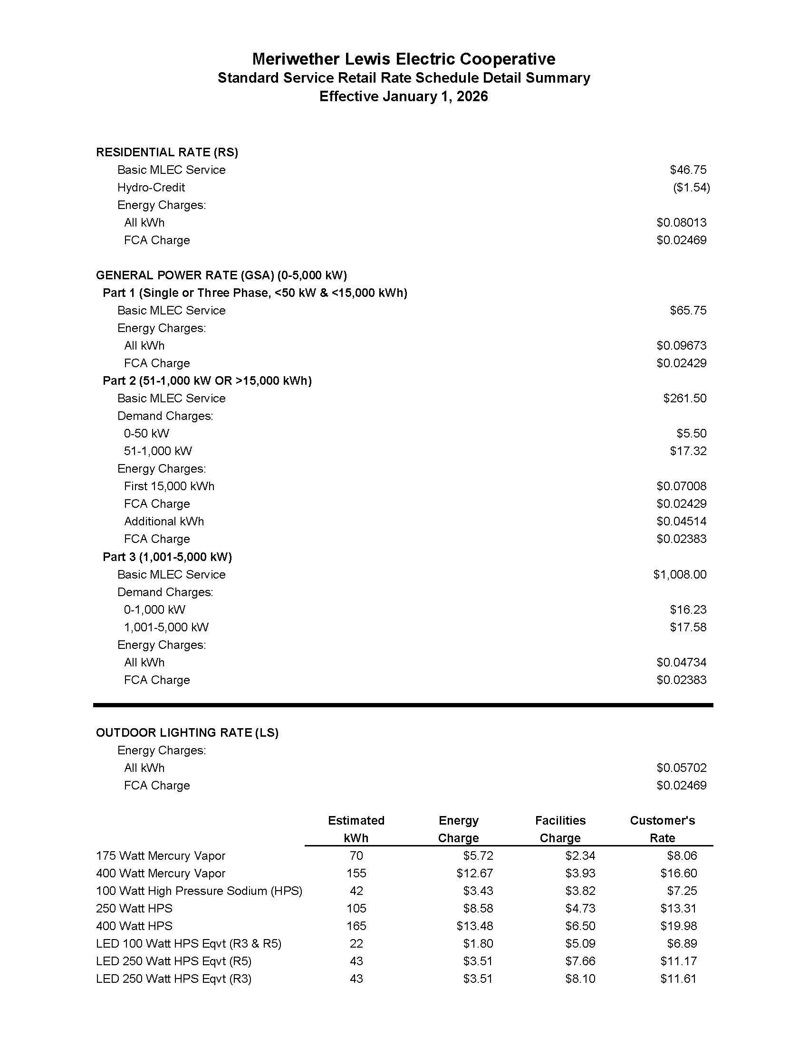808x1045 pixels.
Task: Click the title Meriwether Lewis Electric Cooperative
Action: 404,59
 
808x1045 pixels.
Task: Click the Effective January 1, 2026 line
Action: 404,96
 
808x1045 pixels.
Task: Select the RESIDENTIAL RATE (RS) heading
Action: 167,152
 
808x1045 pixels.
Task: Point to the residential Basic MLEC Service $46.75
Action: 688,170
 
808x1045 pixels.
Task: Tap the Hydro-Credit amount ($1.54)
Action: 691,188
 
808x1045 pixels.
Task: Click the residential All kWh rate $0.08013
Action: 681,222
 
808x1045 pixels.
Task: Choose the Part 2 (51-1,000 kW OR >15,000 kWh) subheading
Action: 207,381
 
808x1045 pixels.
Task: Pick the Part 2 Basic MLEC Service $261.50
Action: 684,399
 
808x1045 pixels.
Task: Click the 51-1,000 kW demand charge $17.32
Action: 688,451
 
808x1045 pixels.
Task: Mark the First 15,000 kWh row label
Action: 169,486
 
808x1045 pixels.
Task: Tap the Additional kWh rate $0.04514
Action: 681,522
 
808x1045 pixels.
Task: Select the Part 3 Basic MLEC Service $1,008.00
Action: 680,575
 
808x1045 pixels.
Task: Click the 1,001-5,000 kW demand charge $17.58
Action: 688,627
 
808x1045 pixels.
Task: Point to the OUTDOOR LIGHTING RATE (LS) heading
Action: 187,733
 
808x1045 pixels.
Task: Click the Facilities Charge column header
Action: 560,829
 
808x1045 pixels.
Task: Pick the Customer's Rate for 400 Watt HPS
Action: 678,926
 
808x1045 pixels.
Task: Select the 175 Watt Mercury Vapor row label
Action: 160,856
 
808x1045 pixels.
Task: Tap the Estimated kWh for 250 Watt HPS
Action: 356,909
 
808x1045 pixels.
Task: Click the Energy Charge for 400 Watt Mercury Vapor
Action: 474,874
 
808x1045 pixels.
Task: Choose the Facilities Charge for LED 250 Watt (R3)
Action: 580,979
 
